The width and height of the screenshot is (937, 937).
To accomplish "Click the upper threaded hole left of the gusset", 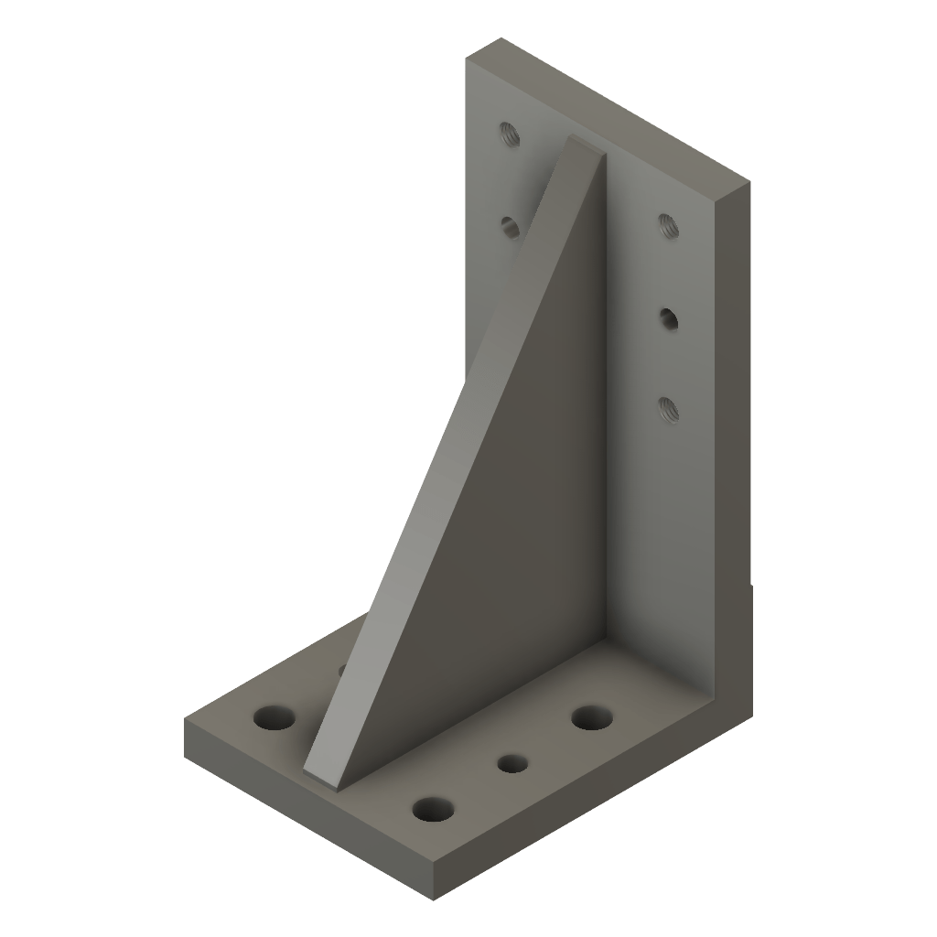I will pos(510,135).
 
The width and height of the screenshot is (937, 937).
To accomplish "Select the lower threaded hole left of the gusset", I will pos(510,225).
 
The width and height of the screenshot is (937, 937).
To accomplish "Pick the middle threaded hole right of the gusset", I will pos(669,318).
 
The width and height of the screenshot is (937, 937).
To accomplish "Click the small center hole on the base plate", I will pos(512,762).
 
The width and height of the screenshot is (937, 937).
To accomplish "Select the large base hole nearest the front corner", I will pos(434,809).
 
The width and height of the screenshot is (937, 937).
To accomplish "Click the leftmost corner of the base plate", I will pos(185,723).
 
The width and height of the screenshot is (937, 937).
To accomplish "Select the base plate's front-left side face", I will pos(311,810).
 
